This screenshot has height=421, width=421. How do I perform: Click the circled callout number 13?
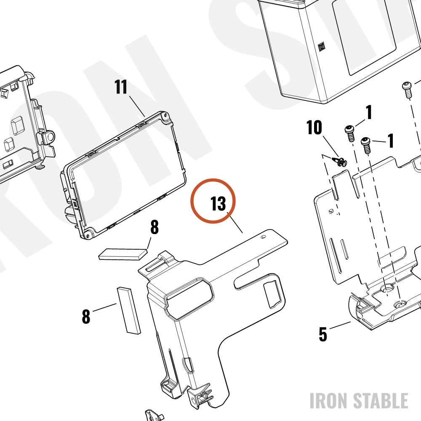click(218, 203)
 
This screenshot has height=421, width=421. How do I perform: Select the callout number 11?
click(121, 87)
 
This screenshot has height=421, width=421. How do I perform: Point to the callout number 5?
click(323, 334)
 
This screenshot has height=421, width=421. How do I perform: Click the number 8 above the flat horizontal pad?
click(155, 227)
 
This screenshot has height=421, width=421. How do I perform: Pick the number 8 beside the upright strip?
click(86, 316)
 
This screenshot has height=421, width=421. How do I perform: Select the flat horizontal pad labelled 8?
click(123, 254)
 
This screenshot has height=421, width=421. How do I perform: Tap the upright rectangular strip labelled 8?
click(128, 311)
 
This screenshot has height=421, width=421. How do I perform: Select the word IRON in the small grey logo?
click(330, 401)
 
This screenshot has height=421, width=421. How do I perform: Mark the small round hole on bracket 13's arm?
click(264, 237)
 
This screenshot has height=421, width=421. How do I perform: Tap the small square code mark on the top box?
click(322, 47)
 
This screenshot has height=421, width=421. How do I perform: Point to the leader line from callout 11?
click(137, 106)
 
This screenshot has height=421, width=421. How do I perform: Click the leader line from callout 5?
click(340, 325)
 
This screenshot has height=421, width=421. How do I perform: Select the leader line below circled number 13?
click(235, 223)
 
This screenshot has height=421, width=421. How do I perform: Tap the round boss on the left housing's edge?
click(48, 137)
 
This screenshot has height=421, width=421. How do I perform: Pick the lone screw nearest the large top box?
click(407, 91)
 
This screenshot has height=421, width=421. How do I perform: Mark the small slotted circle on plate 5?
click(331, 212)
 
